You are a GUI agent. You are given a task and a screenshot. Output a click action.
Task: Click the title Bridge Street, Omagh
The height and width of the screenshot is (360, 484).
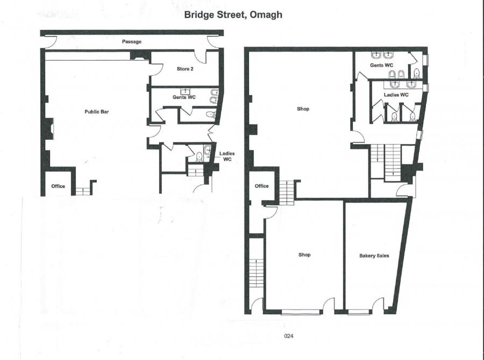click(x=233, y=15)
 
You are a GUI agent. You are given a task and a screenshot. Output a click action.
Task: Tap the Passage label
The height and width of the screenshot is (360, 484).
click(x=132, y=42)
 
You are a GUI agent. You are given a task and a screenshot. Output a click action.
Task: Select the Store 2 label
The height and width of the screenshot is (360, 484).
click(x=185, y=69)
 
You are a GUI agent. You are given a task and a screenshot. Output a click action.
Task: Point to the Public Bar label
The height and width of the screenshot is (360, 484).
click(x=97, y=112)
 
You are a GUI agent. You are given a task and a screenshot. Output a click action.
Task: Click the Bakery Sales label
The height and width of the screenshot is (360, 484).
click(x=374, y=256)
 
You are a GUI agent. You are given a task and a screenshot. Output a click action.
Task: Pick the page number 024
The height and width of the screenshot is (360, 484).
click(x=289, y=336)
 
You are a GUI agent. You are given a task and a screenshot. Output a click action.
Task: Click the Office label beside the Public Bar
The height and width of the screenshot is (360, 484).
click(x=58, y=186)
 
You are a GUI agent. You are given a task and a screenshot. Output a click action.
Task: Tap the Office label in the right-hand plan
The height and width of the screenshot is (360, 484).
click(x=262, y=186)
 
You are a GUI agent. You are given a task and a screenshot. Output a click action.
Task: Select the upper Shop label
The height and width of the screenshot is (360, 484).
click(x=303, y=109)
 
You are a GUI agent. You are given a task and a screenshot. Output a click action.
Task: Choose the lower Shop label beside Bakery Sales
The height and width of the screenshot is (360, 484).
click(x=304, y=255)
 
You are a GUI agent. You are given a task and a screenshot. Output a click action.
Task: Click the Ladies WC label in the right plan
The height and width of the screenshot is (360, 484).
click(x=396, y=95)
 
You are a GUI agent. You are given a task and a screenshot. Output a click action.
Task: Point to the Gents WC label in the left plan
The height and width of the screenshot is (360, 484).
click(x=184, y=97)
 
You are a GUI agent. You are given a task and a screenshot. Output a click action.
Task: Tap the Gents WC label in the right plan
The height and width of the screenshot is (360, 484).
click(x=381, y=65)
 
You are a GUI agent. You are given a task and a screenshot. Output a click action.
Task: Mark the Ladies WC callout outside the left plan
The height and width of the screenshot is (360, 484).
click(x=227, y=156)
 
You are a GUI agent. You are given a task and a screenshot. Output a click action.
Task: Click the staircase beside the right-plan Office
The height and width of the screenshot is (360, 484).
click(x=287, y=193)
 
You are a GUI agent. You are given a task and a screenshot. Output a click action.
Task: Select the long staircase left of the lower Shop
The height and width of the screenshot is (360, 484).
click(x=257, y=273)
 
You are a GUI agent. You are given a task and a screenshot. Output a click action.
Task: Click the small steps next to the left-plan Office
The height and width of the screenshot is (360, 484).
click(x=83, y=191)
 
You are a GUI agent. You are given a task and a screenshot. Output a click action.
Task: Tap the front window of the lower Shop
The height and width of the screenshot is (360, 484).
click(x=301, y=313)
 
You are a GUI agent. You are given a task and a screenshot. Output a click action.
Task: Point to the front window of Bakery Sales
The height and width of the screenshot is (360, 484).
click(x=359, y=313)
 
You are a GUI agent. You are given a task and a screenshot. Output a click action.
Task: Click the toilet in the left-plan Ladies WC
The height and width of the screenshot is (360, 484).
click(x=199, y=157)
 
